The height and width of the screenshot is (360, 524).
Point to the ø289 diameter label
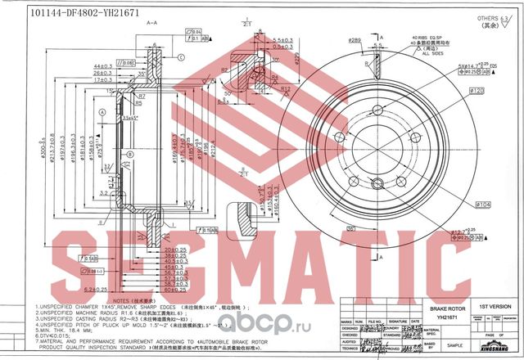[x=355, y=39]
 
